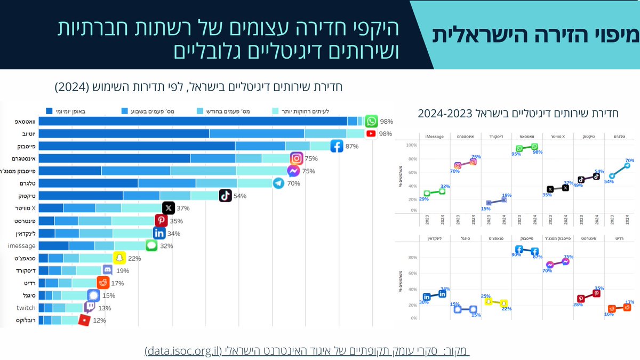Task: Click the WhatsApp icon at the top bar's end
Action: click(372, 121)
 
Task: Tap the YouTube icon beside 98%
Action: click(371, 133)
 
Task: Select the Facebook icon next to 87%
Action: click(337, 146)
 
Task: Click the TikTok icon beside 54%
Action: click(226, 196)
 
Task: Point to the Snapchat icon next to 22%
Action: click(120, 258)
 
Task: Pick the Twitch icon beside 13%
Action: click(90, 308)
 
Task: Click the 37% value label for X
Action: click(183, 209)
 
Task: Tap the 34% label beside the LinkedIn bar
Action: click(174, 233)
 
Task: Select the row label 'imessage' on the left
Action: click(21, 246)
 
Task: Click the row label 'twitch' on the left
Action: click(26, 308)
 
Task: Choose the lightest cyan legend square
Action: click(276, 111)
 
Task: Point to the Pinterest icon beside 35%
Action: click(161, 220)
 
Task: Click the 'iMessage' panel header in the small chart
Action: click(434, 137)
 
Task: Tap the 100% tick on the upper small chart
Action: click(411, 145)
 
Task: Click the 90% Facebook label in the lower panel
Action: click(516, 255)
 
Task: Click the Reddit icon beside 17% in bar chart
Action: click(103, 283)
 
